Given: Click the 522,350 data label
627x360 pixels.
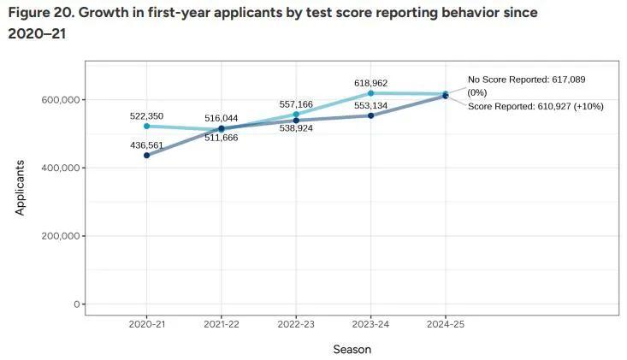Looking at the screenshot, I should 146,115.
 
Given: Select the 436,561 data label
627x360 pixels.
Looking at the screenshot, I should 146,145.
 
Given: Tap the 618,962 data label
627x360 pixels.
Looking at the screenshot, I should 370,83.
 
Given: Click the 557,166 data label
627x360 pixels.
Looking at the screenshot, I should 296,104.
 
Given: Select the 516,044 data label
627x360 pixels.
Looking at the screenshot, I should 222,117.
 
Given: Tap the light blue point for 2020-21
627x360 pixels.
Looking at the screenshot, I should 147,127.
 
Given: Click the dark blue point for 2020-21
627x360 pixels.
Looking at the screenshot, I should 147,156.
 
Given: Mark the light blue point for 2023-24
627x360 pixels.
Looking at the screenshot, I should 370,93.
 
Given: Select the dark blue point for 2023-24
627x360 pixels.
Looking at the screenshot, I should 370,115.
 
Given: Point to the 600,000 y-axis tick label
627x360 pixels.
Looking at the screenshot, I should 60,100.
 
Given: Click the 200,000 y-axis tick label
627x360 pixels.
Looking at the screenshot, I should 60,236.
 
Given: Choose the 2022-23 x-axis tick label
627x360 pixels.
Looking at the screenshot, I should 296,326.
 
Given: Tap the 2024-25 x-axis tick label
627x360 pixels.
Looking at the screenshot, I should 445,326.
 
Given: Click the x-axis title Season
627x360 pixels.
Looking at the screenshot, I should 352,349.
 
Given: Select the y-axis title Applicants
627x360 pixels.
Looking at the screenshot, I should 21,186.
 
